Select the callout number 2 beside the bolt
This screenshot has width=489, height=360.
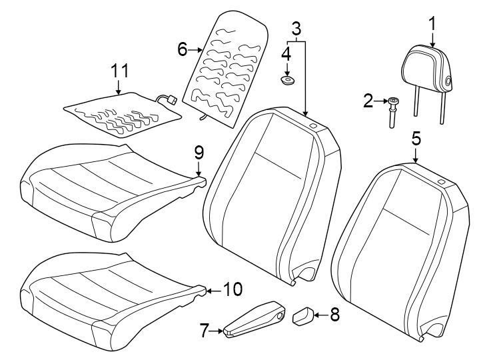368,101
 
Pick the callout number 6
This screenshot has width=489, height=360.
181,49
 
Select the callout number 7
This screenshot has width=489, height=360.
205,328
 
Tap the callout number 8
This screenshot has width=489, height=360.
334,314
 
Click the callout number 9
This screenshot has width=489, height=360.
199,153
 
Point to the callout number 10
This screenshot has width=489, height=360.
233,289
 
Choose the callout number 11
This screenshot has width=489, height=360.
119,71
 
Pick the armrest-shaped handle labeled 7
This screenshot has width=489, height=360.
255,320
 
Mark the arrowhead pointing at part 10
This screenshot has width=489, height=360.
209,290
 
